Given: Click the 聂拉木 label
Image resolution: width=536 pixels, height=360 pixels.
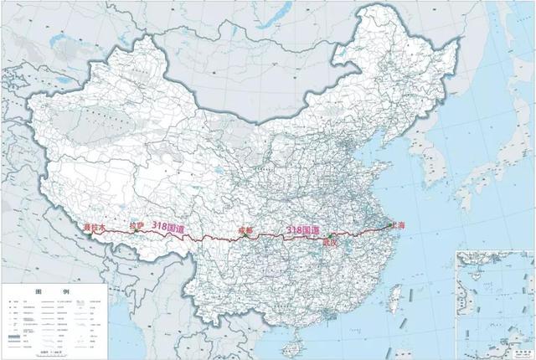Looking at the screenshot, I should [x=97, y=227].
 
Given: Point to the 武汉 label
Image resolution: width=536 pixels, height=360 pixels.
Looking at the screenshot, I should [x=333, y=242].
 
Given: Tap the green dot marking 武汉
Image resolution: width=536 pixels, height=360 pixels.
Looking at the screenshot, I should [x=332, y=235].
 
